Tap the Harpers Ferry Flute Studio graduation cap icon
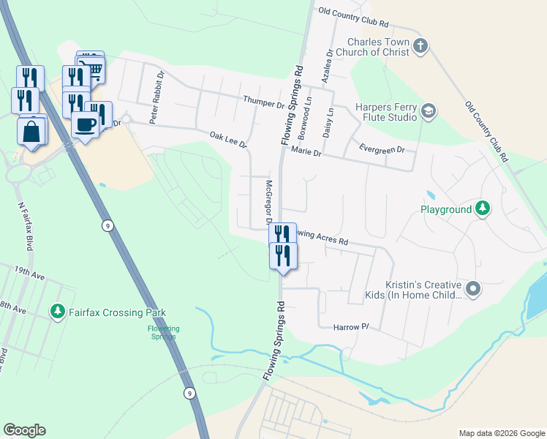pyautogui.click(x=428, y=112)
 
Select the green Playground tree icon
pyautogui.click(x=482, y=209)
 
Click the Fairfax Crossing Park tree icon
pyautogui.click(x=58, y=312)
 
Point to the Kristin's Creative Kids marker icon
pyautogui.click(x=472, y=289)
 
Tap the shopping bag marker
pyautogui.click(x=32, y=132)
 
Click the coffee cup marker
pyautogui.click(x=86, y=124)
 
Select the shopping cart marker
pyautogui.click(x=93, y=70)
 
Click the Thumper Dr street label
pyautogui.click(x=263, y=104)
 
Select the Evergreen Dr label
pyautogui.click(x=382, y=149)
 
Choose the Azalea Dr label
pyautogui.click(x=330, y=64)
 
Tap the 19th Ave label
pyautogui.click(x=29, y=274)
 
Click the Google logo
pyautogui.click(x=24, y=430)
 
